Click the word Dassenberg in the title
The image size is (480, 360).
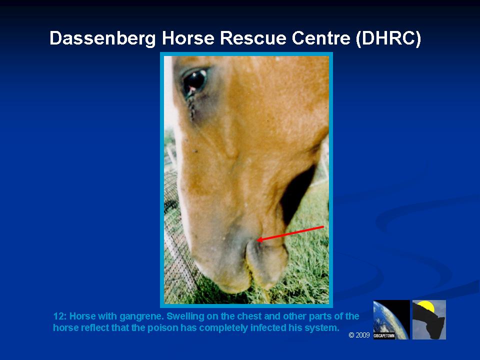coord(103,38)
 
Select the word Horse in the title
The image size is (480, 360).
coord(188,38)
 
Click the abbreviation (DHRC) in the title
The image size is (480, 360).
coord(388,38)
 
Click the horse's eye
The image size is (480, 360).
coord(195,80)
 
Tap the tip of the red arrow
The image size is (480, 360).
coord(257,240)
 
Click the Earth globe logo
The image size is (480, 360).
coord(391,319)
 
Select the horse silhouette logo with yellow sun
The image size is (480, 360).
coord(429,319)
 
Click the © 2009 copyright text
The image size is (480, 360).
coord(359,335)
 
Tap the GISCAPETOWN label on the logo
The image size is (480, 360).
coord(384,336)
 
